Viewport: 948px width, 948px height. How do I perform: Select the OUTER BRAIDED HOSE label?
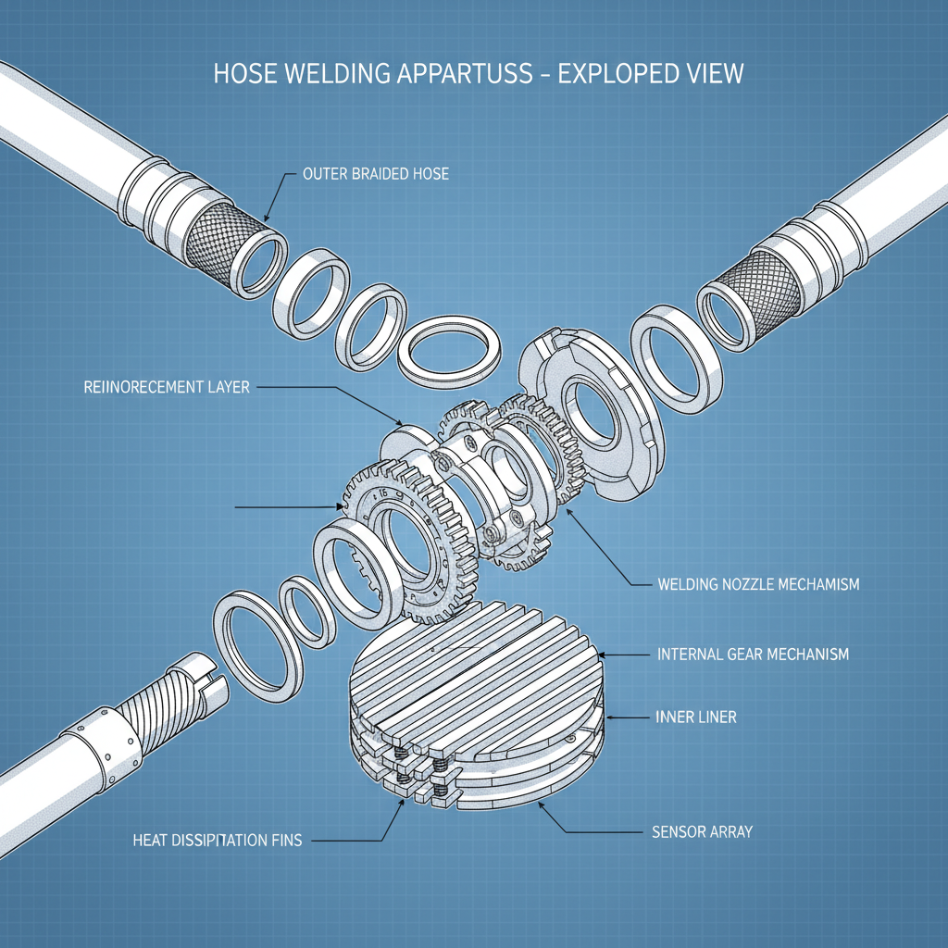click(375, 173)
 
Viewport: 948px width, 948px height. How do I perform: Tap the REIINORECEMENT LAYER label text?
click(160, 387)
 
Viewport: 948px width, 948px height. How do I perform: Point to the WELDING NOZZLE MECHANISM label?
click(758, 584)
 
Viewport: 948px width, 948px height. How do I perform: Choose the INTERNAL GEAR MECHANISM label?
click(753, 655)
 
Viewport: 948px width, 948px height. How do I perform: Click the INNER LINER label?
click(696, 717)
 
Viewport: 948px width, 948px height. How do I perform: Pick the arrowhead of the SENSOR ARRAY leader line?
click(541, 805)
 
